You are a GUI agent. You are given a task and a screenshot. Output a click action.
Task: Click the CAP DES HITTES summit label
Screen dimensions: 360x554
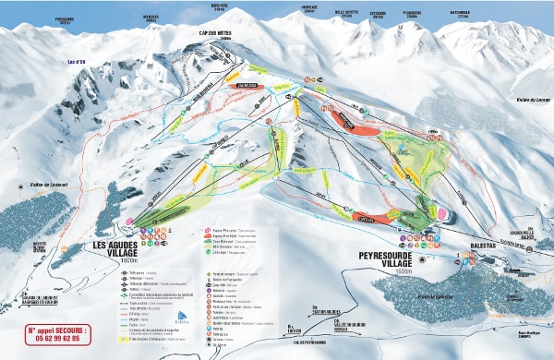pyautogui.click(x=213, y=33)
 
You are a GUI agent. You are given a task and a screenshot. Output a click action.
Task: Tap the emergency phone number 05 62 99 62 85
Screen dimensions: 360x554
pyautogui.click(x=58, y=339)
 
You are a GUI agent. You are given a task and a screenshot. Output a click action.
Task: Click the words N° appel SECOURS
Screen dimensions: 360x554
pyautogui.click(x=58, y=329)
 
